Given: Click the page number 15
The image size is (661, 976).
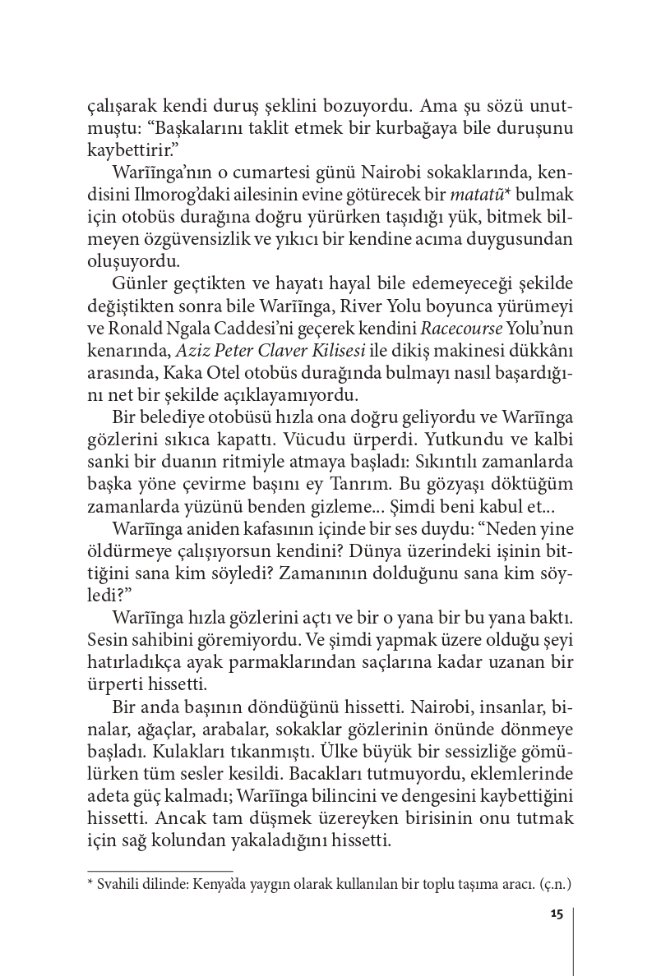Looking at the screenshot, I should (556, 916).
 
